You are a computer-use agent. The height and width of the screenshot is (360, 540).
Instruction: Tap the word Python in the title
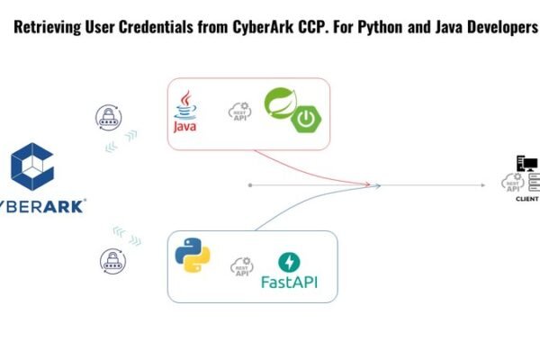tap(381, 28)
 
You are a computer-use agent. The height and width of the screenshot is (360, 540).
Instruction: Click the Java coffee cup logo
tap(184, 112)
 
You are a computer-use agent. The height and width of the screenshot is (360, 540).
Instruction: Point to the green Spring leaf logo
tap(280, 103)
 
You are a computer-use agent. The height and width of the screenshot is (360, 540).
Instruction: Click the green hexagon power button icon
tap(306, 119)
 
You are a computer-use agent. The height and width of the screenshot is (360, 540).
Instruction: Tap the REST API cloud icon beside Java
tap(240, 112)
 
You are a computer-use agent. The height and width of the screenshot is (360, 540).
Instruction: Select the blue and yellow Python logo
tap(193, 256)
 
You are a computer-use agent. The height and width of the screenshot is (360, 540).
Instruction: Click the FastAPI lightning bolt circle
tap(289, 262)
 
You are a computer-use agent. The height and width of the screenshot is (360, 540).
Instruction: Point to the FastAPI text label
tap(289, 282)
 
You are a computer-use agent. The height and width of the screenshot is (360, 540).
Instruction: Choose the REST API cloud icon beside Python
tap(242, 266)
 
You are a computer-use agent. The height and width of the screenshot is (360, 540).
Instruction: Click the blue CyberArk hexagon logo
tap(32, 166)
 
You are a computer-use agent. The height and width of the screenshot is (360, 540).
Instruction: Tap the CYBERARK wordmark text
tap(42, 206)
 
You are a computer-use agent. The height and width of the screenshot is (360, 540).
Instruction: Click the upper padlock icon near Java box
tap(109, 118)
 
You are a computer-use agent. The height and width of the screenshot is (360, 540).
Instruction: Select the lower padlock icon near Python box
tap(113, 261)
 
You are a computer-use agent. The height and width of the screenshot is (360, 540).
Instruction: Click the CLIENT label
tap(526, 199)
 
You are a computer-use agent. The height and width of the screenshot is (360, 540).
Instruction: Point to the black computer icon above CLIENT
tap(526, 163)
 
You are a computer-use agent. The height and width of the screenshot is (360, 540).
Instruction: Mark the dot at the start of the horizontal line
tap(250, 185)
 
